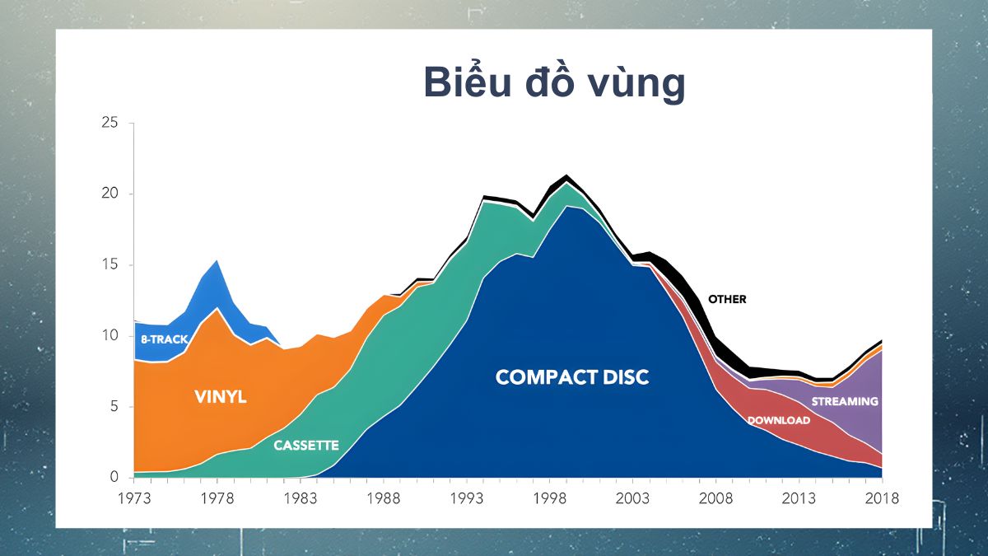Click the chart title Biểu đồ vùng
553,82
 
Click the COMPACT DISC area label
572,377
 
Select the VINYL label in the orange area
221,396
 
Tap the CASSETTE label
305,445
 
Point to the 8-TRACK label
164,339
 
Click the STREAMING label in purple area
845,401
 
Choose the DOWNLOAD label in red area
778,420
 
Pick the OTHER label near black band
727,299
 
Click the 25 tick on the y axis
110,124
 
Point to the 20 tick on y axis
110,194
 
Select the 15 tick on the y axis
110,265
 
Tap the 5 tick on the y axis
114,407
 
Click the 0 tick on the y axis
114,477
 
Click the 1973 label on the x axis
133,498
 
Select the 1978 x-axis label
216,498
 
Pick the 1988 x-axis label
383,498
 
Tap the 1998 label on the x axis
549,498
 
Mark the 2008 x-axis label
715,498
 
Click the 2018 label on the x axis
882,498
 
